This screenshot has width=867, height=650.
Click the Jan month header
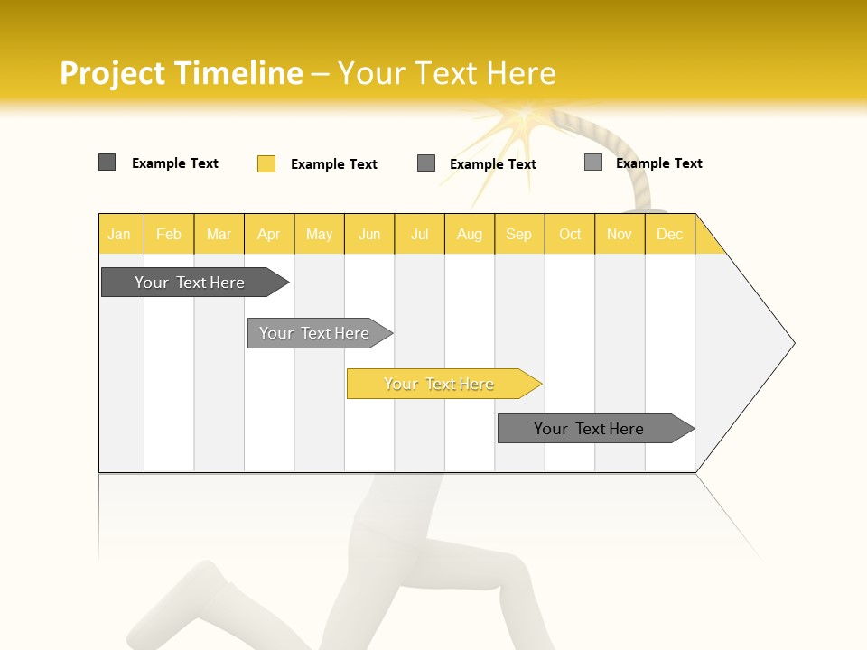(119, 234)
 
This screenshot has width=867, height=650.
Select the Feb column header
(169, 234)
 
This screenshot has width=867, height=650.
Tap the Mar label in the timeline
(219, 234)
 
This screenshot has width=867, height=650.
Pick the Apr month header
(269, 234)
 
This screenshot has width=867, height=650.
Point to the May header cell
(319, 234)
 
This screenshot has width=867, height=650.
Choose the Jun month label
(369, 234)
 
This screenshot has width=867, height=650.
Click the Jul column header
(419, 234)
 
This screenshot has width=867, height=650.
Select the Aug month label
(470, 234)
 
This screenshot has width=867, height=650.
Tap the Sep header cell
(519, 234)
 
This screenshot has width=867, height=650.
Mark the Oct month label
(570, 234)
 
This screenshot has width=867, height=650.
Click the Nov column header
(620, 234)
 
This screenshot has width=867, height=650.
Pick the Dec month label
(669, 234)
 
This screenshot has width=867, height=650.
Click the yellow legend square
(266, 163)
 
